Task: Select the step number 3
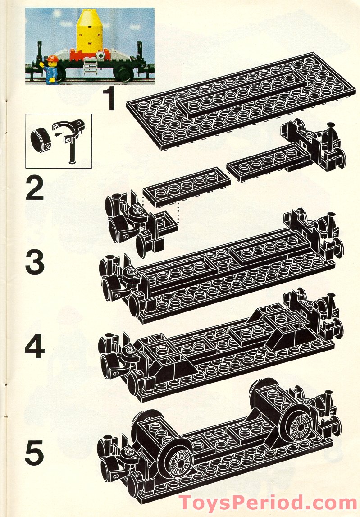[35, 263]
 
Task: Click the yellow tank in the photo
[91, 36]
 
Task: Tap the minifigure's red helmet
[52, 59]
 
